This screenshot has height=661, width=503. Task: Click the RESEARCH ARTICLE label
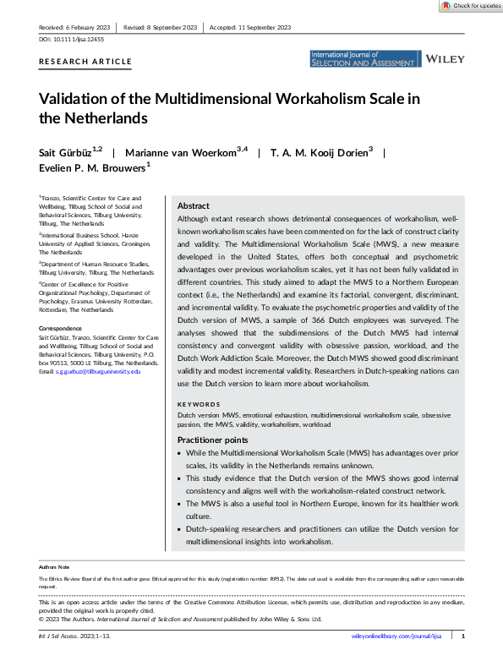coord(85,62)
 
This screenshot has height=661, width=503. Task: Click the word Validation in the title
coord(75,99)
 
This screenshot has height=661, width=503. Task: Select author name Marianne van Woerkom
coord(191,152)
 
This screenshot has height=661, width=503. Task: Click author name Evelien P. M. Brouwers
coord(90,168)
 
